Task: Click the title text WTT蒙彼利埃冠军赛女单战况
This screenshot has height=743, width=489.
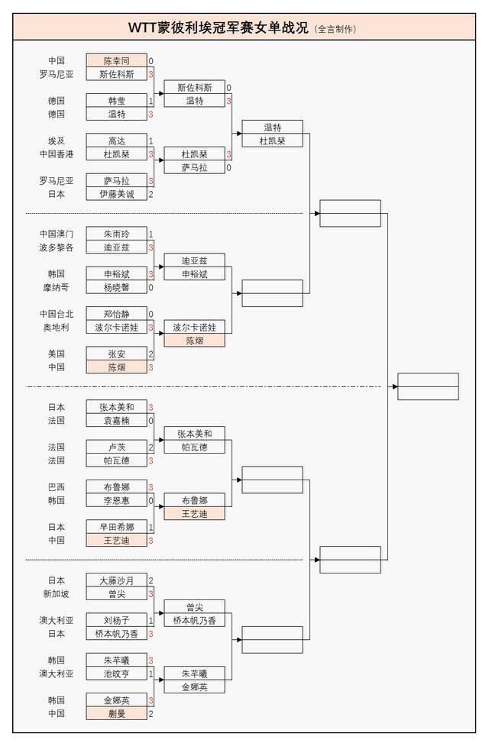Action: coord(218,28)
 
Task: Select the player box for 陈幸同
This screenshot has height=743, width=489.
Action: coord(116,60)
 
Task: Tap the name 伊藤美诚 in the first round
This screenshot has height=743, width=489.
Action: coord(116,194)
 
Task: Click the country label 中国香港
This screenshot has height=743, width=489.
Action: coord(56,154)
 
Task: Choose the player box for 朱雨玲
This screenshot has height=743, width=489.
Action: coord(116,234)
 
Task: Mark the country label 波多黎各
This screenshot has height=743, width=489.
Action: coord(56,247)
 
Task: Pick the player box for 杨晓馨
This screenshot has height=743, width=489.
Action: coord(116,287)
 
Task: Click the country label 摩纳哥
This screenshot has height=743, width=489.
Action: coord(56,287)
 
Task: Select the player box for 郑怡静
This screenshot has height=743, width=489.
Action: coord(116,314)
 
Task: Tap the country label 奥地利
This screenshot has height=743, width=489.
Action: coord(56,328)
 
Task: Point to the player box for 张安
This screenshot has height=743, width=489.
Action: coord(116,354)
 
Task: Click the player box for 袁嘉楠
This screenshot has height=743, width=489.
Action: coord(116,421)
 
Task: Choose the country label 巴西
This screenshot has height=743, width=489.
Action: coord(56,487)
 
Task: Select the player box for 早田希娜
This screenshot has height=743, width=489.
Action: coord(116,527)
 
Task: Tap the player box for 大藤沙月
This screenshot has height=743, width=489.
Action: coord(116,580)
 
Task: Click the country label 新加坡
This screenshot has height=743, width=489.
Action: coord(56,593)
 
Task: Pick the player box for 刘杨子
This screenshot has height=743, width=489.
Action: coord(116,620)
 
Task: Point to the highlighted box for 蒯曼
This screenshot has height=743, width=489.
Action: coord(116,713)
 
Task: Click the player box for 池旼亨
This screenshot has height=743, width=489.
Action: coord(116,674)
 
